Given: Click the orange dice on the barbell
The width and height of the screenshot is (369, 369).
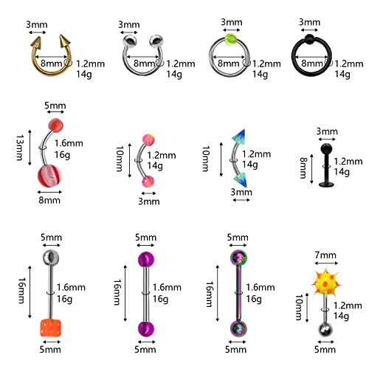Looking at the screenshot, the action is point(50,328).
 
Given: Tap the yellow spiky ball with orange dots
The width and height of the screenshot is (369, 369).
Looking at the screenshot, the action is point(325,282).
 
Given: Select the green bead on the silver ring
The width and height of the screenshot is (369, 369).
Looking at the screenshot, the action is point(230,39).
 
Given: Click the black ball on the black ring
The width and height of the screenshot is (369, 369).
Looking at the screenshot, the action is point(309,38).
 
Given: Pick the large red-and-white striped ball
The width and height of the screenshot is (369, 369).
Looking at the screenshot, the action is point(49,176).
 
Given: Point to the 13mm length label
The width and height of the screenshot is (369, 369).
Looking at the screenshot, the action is point(20,148).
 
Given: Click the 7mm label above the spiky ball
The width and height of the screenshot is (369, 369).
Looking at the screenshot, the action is point(325,255).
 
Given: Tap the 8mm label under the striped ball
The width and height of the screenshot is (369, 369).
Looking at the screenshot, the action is point(49,200).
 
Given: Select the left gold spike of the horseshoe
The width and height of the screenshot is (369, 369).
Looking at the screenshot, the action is point(36,42).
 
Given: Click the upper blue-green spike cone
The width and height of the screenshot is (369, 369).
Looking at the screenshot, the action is point(239,136).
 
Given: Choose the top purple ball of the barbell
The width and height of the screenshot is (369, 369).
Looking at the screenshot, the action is point(145,260).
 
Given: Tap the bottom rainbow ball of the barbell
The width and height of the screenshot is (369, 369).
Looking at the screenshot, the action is point(238,328).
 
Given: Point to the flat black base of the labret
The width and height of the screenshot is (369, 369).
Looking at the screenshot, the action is point(327,184).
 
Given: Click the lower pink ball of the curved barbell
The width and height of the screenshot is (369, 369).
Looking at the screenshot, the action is point(148,182).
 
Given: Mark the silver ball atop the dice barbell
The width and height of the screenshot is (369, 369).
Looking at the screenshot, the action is point(50,258).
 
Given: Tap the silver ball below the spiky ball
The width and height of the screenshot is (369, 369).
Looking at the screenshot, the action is point(325,330).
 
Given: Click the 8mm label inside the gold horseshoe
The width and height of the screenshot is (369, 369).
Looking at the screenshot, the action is point(52,63).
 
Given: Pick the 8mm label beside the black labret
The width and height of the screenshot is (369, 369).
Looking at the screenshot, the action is point(303,168).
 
